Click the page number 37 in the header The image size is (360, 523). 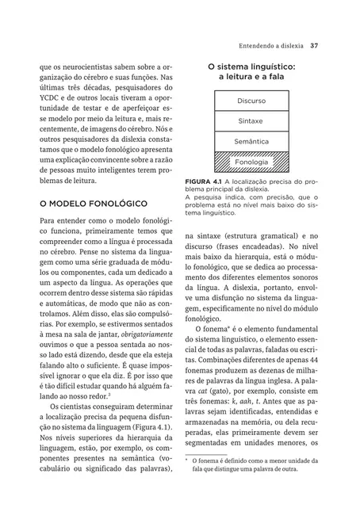pyautogui.click(x=315, y=44)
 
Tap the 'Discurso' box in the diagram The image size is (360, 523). pyautogui.click(x=251, y=101)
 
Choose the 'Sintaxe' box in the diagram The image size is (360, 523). pyautogui.click(x=251, y=121)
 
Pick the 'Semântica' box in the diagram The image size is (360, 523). pyautogui.click(x=251, y=142)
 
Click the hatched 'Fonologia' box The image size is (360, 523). pyautogui.click(x=251, y=162)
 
